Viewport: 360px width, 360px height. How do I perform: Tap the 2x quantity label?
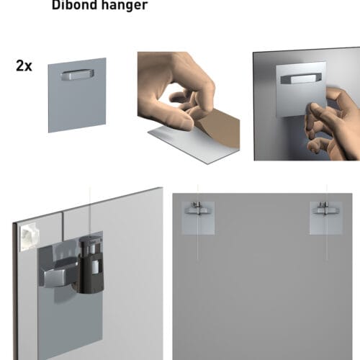23,65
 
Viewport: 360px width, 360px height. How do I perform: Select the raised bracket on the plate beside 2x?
77,74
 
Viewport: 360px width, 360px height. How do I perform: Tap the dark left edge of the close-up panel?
14,302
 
